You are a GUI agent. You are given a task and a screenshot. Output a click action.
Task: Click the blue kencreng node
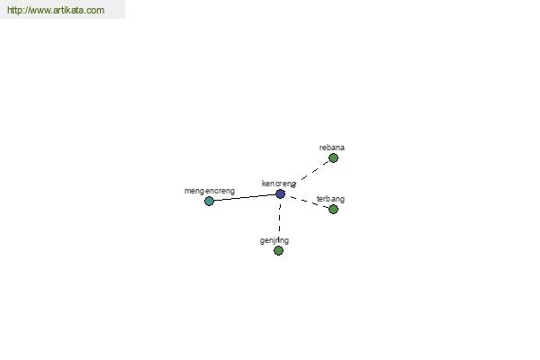(280, 194)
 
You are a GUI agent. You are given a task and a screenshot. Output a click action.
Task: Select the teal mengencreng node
(209, 201)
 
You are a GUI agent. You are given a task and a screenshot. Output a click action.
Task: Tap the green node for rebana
(333, 158)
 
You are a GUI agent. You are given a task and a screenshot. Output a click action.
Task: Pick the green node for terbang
(333, 209)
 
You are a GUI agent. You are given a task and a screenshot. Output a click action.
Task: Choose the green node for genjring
(278, 250)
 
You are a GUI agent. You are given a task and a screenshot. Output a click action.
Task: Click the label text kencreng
(279, 184)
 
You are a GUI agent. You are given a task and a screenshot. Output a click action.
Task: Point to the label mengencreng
(210, 191)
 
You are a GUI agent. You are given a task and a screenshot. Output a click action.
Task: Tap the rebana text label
(331, 148)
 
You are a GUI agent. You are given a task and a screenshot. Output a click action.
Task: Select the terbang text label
(330, 199)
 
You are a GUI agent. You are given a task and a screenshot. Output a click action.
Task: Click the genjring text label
(274, 240)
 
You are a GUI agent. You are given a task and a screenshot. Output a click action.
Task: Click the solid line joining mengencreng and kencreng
(245, 197)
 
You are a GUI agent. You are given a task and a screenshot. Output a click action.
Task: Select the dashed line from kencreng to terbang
(309, 202)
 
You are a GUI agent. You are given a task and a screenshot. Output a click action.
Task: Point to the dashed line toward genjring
(279, 219)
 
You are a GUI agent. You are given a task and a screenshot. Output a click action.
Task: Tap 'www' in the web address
(40, 10)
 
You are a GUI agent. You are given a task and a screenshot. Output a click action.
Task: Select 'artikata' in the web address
(67, 10)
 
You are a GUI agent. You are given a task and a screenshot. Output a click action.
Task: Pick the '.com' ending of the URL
(94, 10)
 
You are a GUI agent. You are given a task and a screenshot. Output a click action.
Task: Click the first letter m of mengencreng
(187, 191)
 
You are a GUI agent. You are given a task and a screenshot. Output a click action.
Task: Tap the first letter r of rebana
(320, 148)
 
